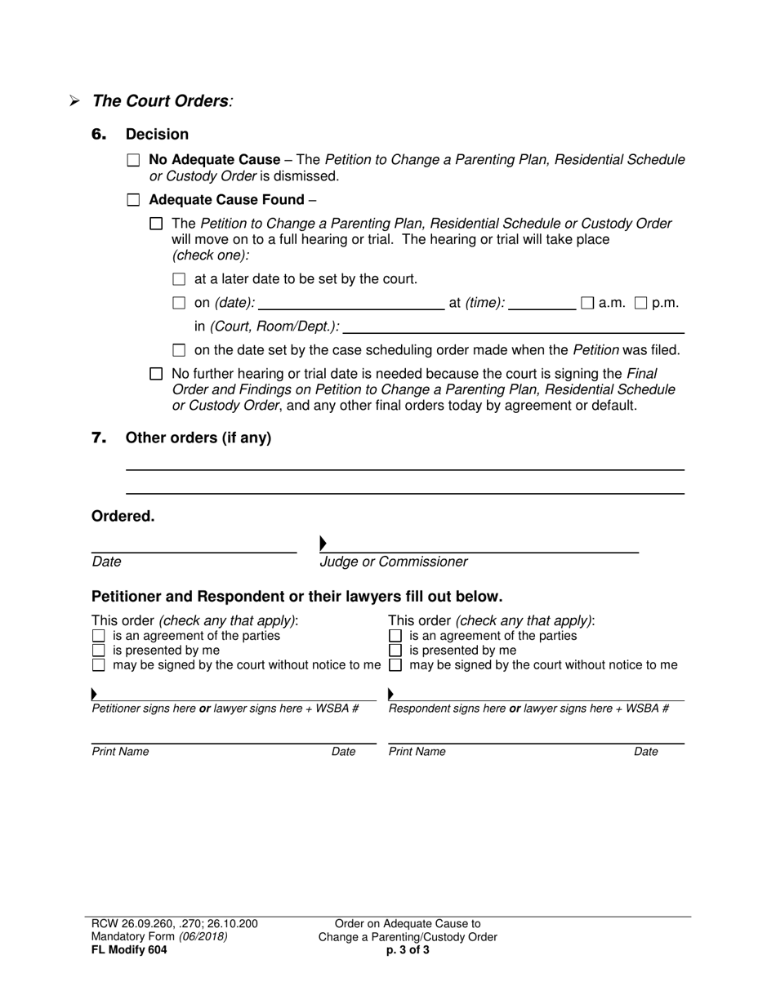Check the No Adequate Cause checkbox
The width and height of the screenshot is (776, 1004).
(x=134, y=161)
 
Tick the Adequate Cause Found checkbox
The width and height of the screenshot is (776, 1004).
(x=134, y=200)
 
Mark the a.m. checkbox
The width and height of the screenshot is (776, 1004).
(x=587, y=303)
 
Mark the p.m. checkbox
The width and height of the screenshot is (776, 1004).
(x=641, y=303)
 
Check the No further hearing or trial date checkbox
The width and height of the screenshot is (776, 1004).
(x=157, y=374)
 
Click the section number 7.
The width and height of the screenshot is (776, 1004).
(x=99, y=438)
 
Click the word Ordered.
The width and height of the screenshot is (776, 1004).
(x=123, y=516)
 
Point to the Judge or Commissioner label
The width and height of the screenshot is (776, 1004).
(x=394, y=562)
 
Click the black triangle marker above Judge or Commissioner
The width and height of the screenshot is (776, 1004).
(x=323, y=543)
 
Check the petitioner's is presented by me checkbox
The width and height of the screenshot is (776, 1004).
(x=99, y=651)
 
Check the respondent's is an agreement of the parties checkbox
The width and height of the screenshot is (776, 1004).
(x=395, y=636)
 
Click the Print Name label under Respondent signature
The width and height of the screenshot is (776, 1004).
(x=417, y=752)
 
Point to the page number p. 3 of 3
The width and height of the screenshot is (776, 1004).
(x=408, y=949)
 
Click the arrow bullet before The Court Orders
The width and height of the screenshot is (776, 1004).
(x=74, y=102)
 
